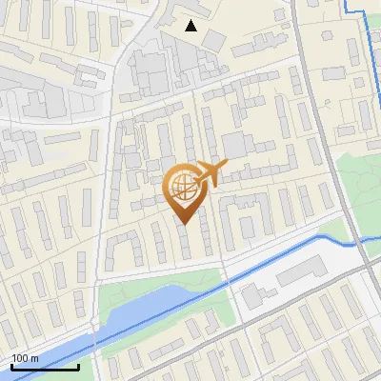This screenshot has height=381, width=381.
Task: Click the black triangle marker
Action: [191, 26]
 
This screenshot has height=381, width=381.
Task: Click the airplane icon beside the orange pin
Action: [210, 173]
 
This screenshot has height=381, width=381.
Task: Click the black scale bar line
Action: [45, 367]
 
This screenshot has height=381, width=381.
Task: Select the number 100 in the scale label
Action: [20, 358]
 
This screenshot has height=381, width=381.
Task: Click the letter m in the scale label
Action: [34, 358]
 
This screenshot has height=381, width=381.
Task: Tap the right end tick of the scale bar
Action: [78, 365]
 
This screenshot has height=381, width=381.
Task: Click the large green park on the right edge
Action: [360, 190]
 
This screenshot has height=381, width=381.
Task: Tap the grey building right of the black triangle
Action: [214, 39]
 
